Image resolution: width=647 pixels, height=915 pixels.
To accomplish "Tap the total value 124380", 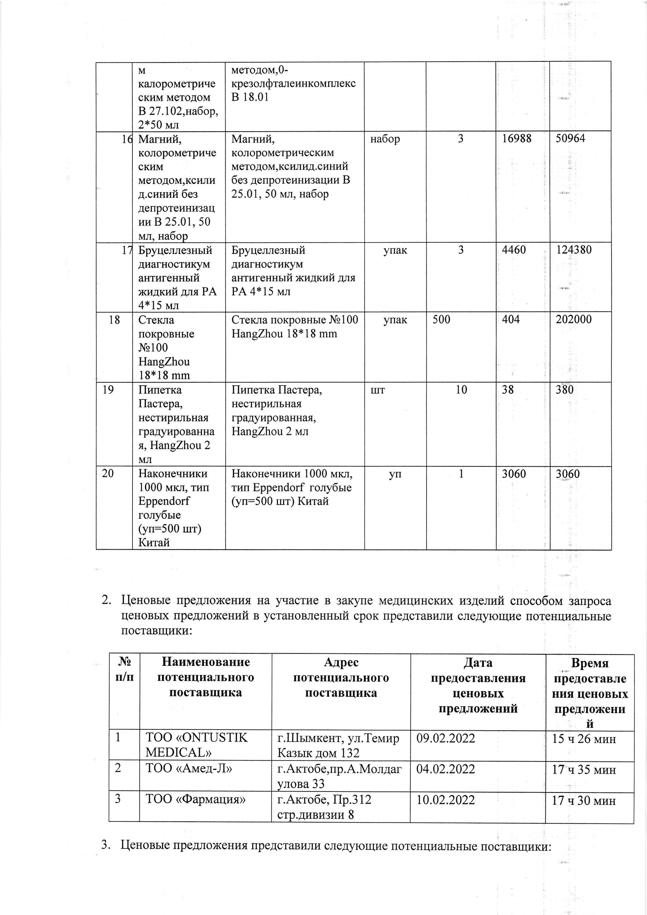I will click(574, 250).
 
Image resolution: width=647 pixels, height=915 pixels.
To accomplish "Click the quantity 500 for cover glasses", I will click(441, 320).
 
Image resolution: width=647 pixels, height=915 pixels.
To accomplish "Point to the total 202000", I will click(574, 320).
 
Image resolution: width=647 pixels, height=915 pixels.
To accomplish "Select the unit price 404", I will click(511, 320).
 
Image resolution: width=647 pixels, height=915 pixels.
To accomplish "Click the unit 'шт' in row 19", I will click(378, 390).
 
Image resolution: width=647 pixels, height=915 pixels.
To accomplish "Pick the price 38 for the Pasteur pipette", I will click(508, 390).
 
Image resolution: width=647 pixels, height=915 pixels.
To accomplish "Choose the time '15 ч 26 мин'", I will click(584, 739).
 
